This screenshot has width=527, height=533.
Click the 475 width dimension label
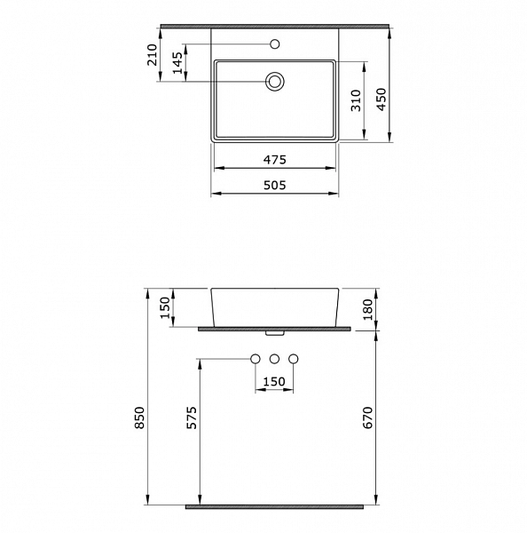click(x=274, y=160)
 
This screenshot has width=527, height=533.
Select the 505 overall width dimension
click(x=274, y=185)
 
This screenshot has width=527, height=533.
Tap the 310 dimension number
click(x=355, y=100)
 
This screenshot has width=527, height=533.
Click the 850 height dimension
click(x=138, y=426)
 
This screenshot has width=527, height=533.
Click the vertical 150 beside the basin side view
click(x=165, y=308)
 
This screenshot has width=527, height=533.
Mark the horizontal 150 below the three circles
click(x=275, y=382)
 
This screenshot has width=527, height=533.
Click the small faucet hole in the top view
click(x=275, y=43)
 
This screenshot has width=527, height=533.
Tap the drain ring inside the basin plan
click(x=275, y=82)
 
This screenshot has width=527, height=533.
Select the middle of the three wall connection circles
click(x=275, y=359)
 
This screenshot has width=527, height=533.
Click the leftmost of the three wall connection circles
click(x=256, y=359)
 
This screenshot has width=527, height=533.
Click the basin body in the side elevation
click(x=274, y=306)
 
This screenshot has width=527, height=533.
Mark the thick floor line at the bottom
click(x=274, y=506)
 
